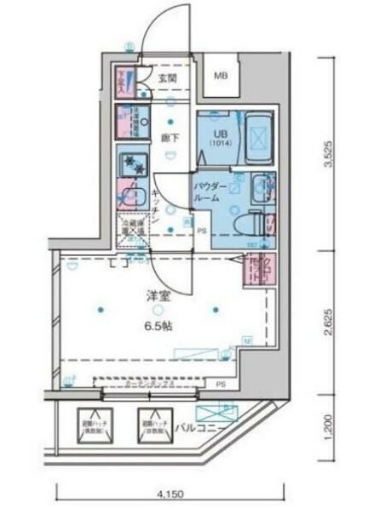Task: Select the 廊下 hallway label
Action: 169,135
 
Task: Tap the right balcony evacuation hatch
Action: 152,423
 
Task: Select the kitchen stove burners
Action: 133,163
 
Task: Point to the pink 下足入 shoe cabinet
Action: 123,82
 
